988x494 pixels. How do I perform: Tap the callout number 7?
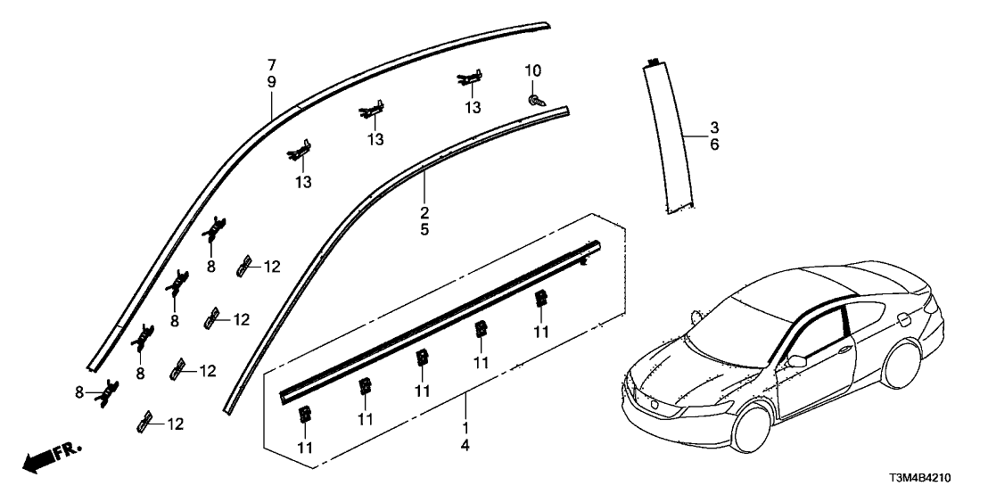[x=272, y=65]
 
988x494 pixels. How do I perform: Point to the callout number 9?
[x=272, y=81]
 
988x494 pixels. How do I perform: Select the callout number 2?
[x=424, y=213]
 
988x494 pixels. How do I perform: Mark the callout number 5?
[x=424, y=229]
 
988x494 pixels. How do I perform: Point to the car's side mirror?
[x=794, y=361]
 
